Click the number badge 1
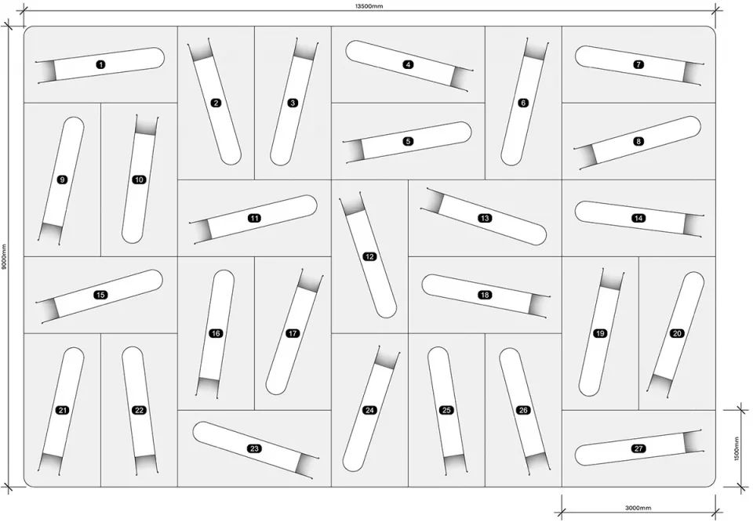pos(100,64)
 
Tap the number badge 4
pos(408,64)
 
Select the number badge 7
pos(638,64)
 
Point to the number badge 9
pos(62,180)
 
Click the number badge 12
pos(369,257)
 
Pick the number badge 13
pos(485,219)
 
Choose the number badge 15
pos(100,295)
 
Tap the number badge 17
pos(293,333)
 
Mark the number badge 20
pos(677,333)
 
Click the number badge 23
pos(254,448)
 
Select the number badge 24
pos(369,410)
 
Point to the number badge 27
pos(638,448)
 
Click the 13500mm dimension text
pos(369,6)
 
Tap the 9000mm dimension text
pos(3,257)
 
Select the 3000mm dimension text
pos(638,508)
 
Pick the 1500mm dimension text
pos(737,448)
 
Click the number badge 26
pos(523,410)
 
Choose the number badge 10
pos(139,180)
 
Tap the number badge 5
pos(408,141)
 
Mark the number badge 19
pos(600,333)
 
